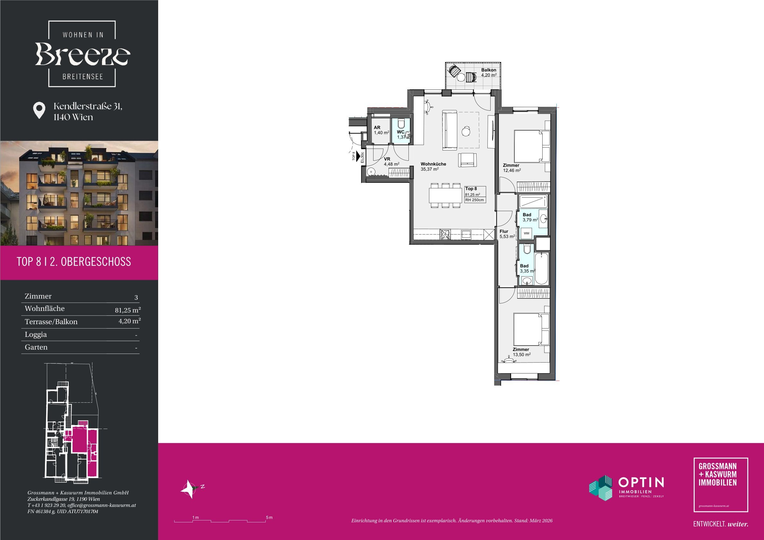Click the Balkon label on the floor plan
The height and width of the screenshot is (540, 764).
pos(488,73)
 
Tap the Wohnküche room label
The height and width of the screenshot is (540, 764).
pos(433,166)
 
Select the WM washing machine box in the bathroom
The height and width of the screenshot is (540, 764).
pos(526,233)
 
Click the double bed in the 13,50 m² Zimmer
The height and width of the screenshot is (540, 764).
pos(531,329)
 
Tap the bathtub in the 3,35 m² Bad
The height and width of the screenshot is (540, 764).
pos(541,269)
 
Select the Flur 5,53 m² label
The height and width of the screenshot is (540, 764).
pos(507,234)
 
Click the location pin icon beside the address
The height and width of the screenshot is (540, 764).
pos(39,110)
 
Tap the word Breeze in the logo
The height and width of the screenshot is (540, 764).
pos(82,54)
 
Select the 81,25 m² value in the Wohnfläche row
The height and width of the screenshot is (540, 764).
pos(128,310)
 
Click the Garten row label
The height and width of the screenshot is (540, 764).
pos(36,347)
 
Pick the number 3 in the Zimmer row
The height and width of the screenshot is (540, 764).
pos(136,297)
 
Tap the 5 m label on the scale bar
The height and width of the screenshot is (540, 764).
pos(269,517)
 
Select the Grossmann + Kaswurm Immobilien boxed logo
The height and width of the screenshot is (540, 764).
pos(721,485)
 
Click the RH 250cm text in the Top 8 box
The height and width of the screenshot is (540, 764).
pos(475,200)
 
